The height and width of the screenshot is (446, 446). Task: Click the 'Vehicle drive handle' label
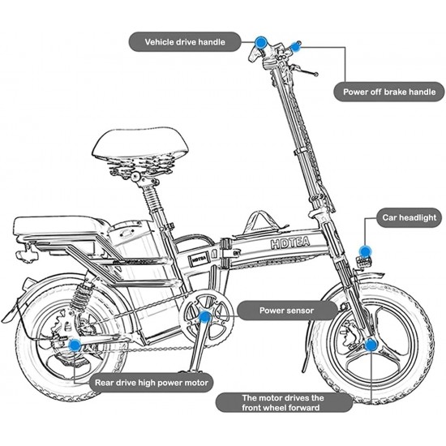click(185, 42)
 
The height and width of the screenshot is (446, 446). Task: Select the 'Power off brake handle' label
click(388, 92)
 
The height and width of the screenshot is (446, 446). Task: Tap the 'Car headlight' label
click(409, 217)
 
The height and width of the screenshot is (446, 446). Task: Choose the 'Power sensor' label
click(287, 311)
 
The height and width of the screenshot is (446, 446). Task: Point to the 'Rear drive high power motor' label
click(152, 383)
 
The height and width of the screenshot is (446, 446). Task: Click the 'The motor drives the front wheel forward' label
click(283, 402)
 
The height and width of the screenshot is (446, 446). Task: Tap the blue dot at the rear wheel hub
click(75, 345)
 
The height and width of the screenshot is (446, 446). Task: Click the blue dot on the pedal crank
click(205, 316)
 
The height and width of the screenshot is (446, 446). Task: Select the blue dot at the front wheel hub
click(371, 345)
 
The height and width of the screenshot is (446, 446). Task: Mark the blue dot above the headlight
click(365, 251)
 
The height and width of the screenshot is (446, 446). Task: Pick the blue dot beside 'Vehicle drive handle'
click(260, 42)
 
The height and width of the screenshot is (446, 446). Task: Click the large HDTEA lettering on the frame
click(289, 242)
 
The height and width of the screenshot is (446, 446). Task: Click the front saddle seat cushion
click(140, 144)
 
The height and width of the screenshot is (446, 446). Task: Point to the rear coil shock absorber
click(82, 296)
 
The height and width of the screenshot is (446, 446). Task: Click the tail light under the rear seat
click(27, 255)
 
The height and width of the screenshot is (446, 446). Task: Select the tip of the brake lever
click(315, 75)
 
